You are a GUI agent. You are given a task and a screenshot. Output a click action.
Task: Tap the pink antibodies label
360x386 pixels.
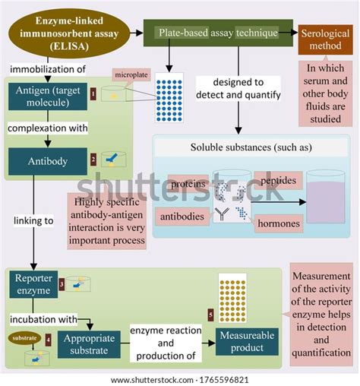pos(182,217)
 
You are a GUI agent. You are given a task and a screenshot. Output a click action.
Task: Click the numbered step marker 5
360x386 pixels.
pos(210,314)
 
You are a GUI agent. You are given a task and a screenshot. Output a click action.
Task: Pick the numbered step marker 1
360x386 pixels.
pos(93,93)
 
